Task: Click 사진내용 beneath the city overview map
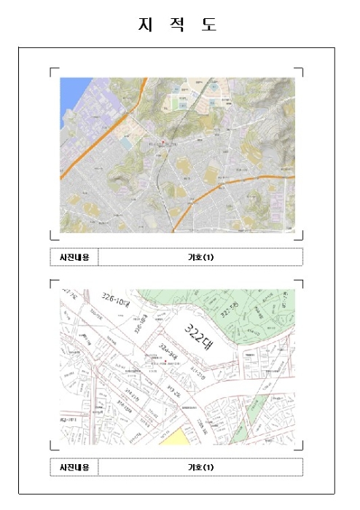[x=74, y=257]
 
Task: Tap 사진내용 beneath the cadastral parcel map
[x=74, y=467]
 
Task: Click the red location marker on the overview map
[x=163, y=140]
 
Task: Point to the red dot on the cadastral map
[x=166, y=361]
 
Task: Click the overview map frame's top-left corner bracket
[x=52, y=71]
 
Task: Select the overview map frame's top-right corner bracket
[x=300, y=71]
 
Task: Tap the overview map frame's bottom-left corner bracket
[x=52, y=236]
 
